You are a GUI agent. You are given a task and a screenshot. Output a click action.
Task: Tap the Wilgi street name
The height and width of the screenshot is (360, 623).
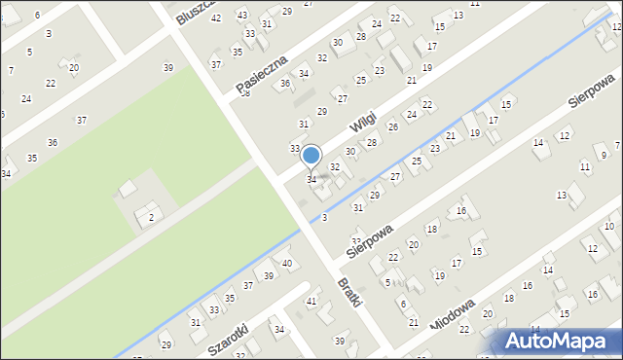click(363, 126)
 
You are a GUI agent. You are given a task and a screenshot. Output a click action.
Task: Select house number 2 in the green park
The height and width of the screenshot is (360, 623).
click(150, 218)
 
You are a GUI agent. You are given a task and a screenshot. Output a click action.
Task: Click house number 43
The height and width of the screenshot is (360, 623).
click(241, 15)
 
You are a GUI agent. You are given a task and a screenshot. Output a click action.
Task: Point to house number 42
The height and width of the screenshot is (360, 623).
click(216, 18)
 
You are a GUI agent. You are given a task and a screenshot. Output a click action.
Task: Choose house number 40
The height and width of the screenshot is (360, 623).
click(286, 264)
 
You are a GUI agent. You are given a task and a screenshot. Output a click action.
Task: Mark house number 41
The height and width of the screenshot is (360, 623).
click(311, 302)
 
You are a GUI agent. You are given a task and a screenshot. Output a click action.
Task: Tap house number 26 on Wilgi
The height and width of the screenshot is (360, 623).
click(393, 126)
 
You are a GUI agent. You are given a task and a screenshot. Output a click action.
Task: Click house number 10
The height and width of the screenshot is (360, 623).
click(608, 226)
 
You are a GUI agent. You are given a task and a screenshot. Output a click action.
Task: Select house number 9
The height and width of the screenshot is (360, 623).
click(604, 155)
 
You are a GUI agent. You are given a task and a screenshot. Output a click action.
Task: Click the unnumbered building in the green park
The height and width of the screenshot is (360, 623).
click(128, 187)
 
